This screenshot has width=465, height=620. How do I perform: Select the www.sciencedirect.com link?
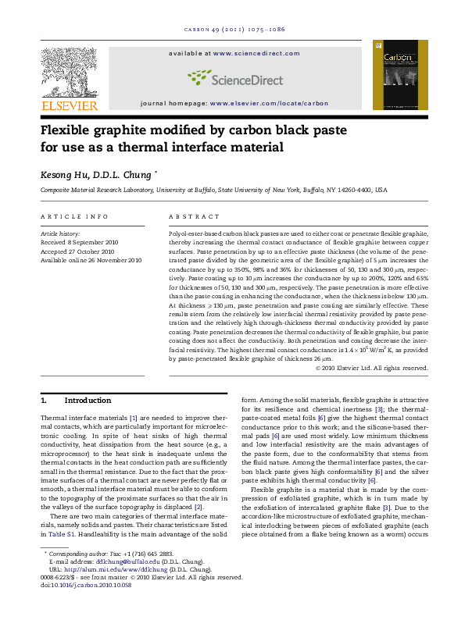pos(256,53)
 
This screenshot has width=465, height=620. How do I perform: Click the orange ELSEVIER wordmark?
pos(69,105)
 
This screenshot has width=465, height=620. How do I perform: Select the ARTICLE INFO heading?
pos(74,216)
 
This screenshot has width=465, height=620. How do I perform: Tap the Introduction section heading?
pos(88,400)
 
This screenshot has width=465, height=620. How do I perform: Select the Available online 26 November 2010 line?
pos(91,260)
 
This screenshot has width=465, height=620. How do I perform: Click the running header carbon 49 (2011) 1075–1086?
pos(234,29)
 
